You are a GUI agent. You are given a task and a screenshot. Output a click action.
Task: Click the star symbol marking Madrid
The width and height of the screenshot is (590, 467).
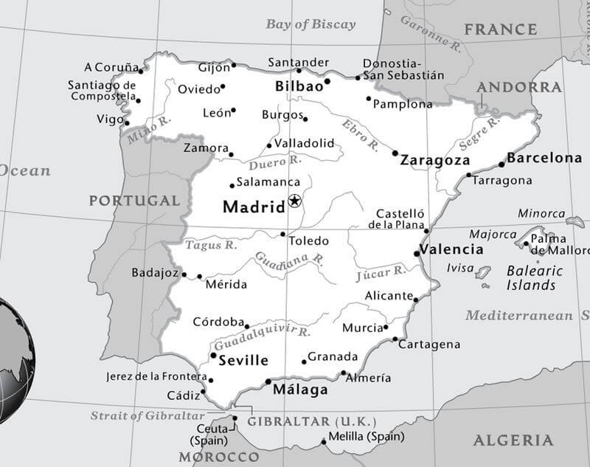point(295,201)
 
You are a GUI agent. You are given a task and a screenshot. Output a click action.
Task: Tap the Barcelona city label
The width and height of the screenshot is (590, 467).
point(544,158)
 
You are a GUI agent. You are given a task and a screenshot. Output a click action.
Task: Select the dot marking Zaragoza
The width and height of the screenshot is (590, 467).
point(395,153)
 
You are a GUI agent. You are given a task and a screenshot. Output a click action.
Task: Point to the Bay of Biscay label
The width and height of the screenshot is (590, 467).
point(310,24)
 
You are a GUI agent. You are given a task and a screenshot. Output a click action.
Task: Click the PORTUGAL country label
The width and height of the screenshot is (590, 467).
point(134,201)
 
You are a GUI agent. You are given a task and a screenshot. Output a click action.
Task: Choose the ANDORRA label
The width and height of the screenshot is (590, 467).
point(518,87)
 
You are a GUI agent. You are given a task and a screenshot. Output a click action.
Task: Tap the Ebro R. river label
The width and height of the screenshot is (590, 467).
point(360,134)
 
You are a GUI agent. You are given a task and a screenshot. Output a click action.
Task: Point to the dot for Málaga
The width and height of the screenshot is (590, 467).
point(268,381)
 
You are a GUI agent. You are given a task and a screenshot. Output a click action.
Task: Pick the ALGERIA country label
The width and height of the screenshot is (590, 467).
point(513,440)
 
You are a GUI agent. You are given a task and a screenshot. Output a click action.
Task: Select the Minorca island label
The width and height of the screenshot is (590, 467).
point(541,214)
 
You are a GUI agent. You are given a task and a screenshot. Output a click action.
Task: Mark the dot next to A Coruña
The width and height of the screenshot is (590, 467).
point(141,71)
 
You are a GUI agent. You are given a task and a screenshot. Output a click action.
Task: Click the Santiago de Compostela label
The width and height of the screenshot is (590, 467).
point(102,91)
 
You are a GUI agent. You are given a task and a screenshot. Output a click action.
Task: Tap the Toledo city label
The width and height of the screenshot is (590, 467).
point(308,241)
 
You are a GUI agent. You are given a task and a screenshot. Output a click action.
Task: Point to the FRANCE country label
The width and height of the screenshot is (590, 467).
point(500,30)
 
